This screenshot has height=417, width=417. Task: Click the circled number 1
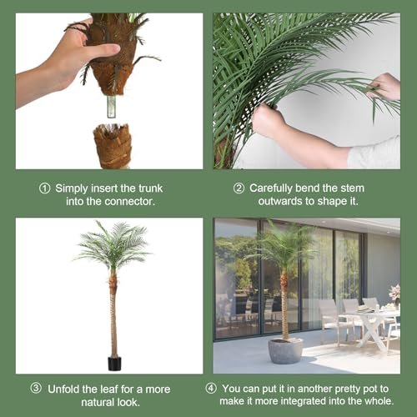44,188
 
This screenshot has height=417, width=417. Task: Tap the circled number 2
239,188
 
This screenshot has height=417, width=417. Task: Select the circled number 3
36,389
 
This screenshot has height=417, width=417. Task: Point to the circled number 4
211,389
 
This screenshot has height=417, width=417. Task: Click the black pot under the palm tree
114,364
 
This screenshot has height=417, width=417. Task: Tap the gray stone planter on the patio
285,351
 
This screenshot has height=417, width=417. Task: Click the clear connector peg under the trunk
111,107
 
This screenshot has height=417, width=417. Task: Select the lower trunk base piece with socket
113,146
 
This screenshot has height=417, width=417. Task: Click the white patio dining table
371,328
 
